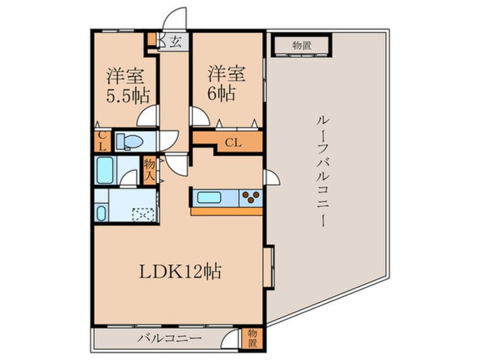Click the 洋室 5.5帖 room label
[x=125, y=85]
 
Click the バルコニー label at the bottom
[x=169, y=340]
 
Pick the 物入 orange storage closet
[x=149, y=171]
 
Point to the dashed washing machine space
[x=142, y=214]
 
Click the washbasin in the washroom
[x=102, y=214]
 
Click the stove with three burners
[x=250, y=199]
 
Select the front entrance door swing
[x=175, y=18]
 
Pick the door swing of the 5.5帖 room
[x=148, y=117]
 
